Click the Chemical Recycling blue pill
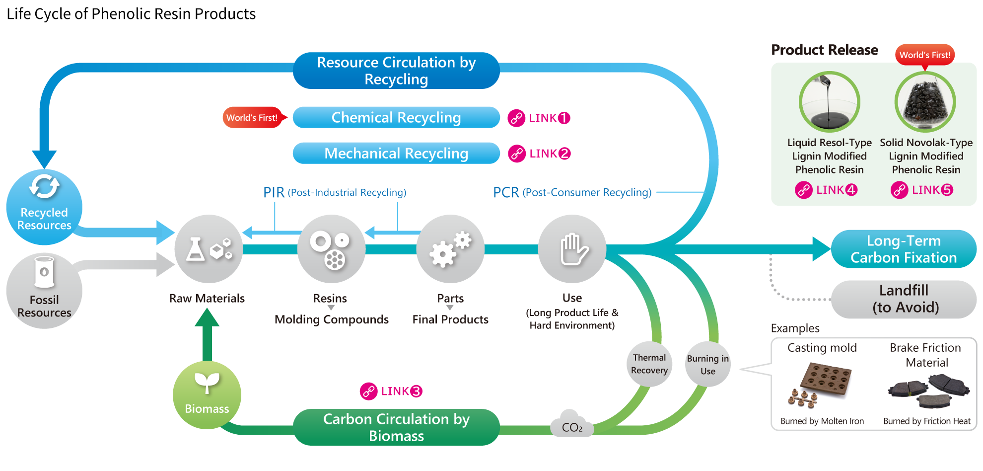click(x=396, y=118)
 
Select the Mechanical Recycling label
click(x=396, y=154)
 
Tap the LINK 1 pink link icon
click(x=516, y=118)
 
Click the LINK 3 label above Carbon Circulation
click(x=392, y=392)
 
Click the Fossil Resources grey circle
click(x=44, y=291)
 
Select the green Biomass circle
click(x=207, y=395)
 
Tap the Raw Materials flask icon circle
click(x=209, y=249)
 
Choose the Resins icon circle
click(x=331, y=249)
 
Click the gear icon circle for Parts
click(x=450, y=249)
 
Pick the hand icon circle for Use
click(x=572, y=249)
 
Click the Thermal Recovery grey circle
click(x=649, y=364)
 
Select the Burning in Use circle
click(x=708, y=365)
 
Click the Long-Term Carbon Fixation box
click(x=904, y=249)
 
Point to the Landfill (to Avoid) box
click(x=904, y=299)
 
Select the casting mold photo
click(x=822, y=385)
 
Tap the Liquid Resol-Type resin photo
click(x=829, y=102)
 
